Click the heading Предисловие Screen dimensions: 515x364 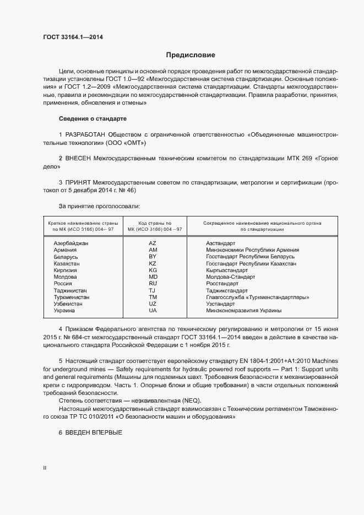coord(191,55)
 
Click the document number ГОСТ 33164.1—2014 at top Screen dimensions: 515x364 coord(72,37)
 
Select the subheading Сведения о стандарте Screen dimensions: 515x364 coord(93,119)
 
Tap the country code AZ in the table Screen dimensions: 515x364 coord(153,243)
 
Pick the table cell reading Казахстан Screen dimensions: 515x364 coord(67,264)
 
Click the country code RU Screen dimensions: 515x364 coord(153,284)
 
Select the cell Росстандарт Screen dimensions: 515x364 coord(222,284)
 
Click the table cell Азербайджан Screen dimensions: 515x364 coord(71,243)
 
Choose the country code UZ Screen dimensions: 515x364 coord(153,304)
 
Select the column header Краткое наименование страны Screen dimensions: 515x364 coord(83,223)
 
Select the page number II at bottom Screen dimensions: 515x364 coord(45,468)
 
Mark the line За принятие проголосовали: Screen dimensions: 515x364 coord(99,206)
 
